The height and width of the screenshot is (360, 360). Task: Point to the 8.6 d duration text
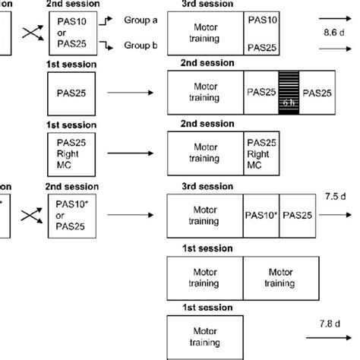coord(335,34)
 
